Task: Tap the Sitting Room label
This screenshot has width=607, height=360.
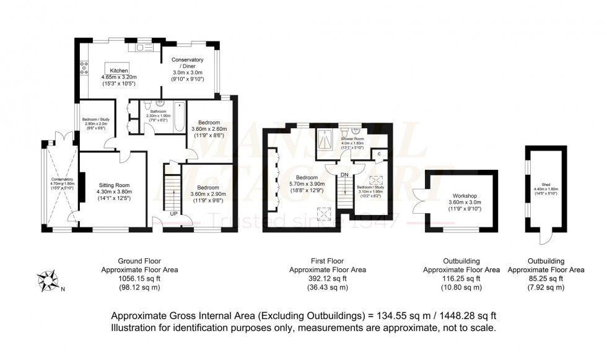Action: (114, 185)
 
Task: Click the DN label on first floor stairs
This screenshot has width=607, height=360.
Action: (345, 175)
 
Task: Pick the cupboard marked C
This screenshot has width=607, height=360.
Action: (379, 154)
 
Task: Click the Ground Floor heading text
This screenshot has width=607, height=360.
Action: (124, 261)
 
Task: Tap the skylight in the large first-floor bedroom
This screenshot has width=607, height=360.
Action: (323, 215)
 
